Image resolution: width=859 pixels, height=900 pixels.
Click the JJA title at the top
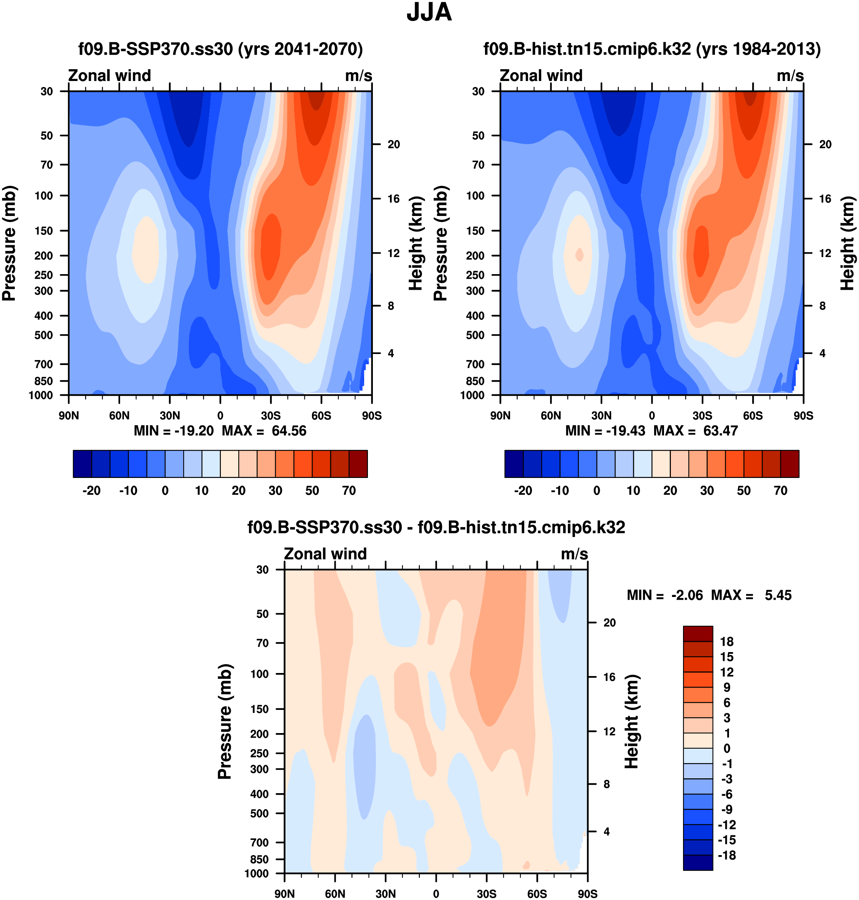click(429, 13)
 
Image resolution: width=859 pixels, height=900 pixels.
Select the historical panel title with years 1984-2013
click(652, 49)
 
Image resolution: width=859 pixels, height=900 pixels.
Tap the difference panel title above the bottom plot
click(436, 527)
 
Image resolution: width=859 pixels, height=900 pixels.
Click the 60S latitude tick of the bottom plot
click(537, 894)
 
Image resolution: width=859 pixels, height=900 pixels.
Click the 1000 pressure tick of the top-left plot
click(41, 395)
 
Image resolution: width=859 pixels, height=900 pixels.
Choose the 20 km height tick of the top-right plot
click(825, 144)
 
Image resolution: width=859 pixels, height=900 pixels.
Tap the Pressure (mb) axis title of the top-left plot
click(9, 243)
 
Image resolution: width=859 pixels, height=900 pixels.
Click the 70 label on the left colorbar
click(349, 490)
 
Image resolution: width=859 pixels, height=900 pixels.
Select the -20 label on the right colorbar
click(523, 490)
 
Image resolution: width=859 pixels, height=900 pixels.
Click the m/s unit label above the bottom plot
click(574, 554)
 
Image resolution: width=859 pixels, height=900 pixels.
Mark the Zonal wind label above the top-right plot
click(541, 76)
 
